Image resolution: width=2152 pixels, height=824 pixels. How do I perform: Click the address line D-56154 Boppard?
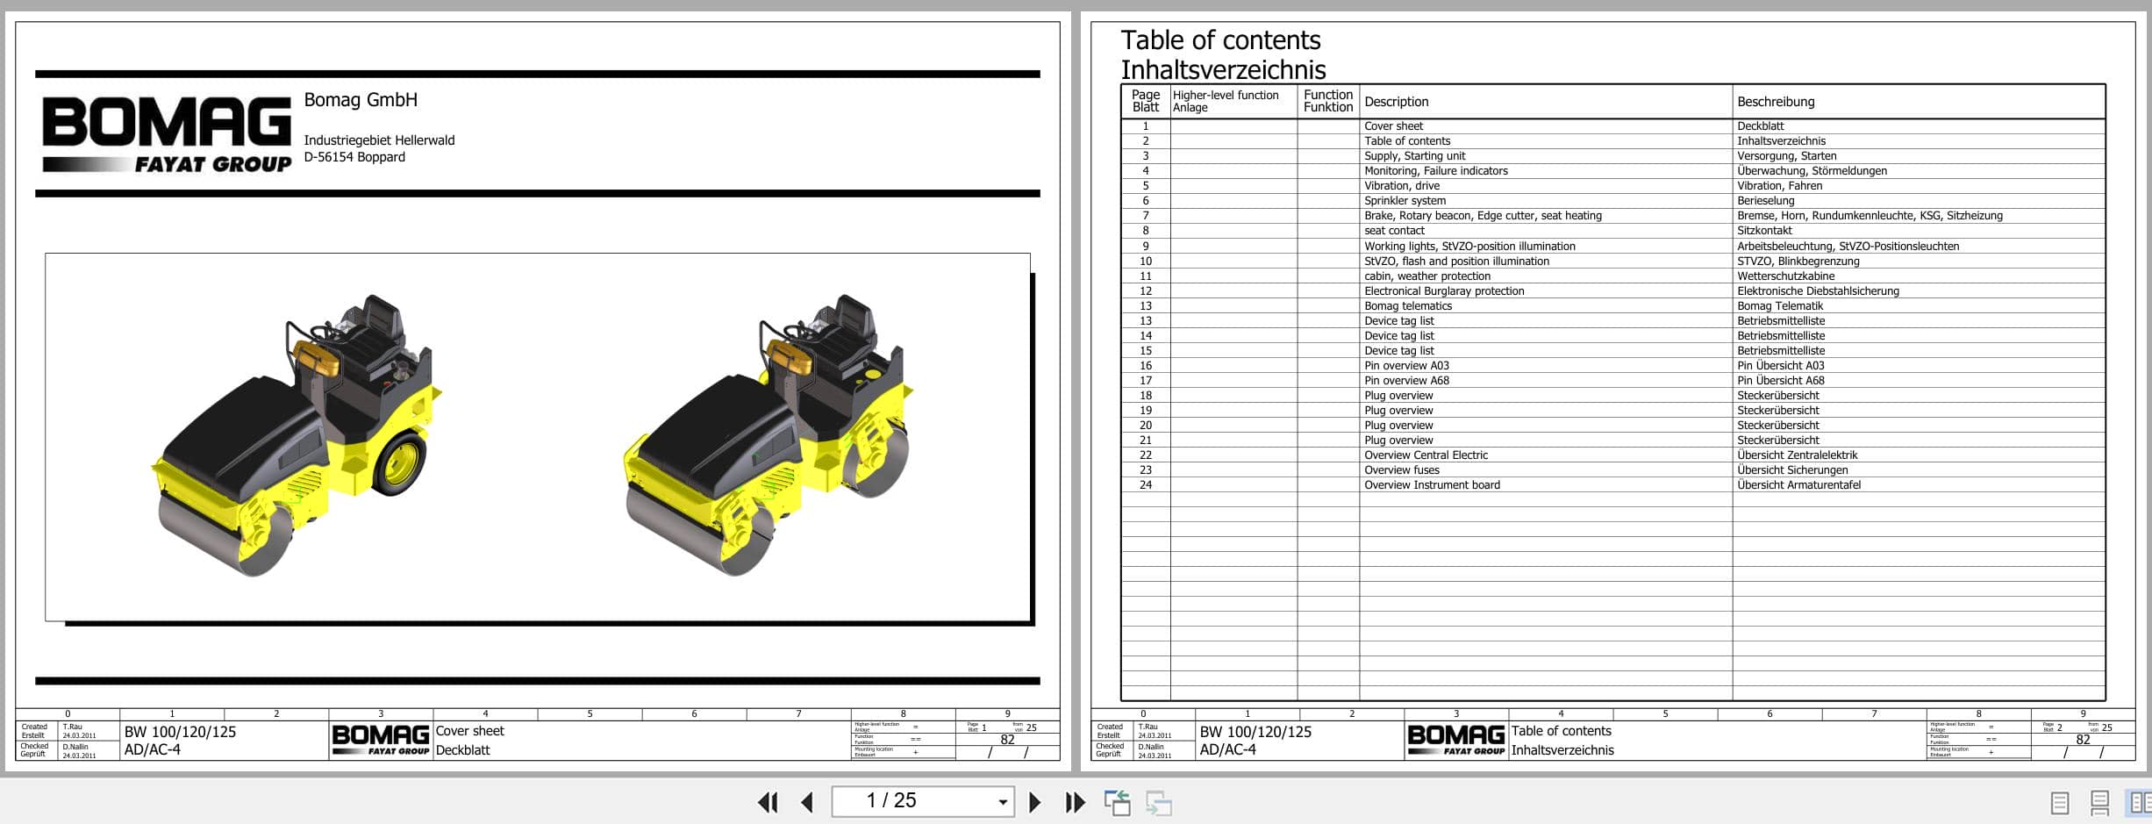(354, 157)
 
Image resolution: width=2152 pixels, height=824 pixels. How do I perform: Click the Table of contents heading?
(1219, 40)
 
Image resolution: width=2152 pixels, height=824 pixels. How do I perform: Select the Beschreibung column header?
(1776, 102)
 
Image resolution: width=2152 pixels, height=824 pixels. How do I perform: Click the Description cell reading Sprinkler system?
(1405, 201)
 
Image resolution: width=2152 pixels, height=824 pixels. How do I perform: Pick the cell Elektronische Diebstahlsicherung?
(1818, 291)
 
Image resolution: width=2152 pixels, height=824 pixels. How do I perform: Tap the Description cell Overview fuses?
(1401, 470)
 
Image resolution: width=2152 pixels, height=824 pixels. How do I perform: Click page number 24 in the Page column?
(1145, 485)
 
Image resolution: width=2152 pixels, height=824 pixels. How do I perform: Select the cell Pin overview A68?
(1406, 381)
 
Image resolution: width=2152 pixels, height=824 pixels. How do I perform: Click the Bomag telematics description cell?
(1407, 306)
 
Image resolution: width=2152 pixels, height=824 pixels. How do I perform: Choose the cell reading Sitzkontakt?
(1764, 231)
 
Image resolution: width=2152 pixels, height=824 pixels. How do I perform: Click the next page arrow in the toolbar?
(1034, 802)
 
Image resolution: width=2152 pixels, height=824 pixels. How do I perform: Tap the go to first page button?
(768, 802)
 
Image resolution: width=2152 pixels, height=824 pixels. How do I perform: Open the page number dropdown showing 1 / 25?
(1002, 802)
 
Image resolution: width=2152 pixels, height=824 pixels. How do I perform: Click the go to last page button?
(1075, 802)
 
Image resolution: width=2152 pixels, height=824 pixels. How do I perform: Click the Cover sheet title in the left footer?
(469, 731)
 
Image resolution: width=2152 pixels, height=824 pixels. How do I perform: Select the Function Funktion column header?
(1327, 101)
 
